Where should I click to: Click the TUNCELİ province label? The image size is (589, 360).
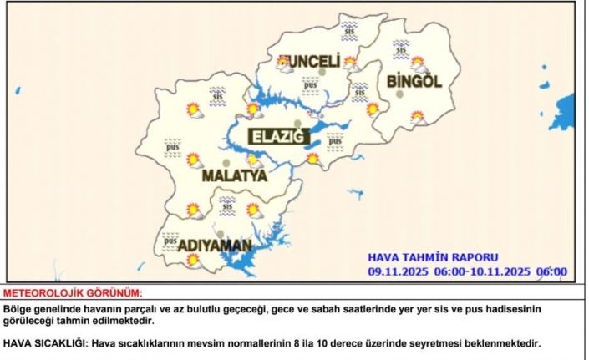pos(309,62)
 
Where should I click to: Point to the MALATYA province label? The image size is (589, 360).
pos(234,176)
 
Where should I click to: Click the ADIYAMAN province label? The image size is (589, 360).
pos(203,245)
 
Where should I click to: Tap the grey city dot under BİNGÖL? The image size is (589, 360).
pos(399,94)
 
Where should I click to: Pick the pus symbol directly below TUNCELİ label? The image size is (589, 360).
pos(311,83)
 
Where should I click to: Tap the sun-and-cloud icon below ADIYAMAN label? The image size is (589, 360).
pos(193,260)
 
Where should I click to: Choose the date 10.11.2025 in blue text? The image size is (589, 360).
pos(490,271)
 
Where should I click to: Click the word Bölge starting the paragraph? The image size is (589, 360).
pos(18,309)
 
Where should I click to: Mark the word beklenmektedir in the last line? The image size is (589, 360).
pos(503,343)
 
